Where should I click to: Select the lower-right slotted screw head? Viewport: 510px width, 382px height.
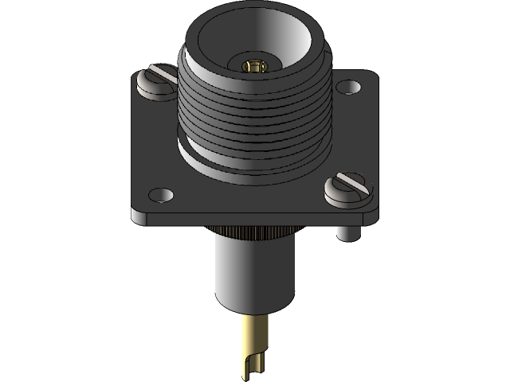(x=349, y=186)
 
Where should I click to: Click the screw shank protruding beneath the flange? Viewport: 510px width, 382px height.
(x=345, y=232)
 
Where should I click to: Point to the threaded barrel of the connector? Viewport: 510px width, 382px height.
(x=253, y=119)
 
